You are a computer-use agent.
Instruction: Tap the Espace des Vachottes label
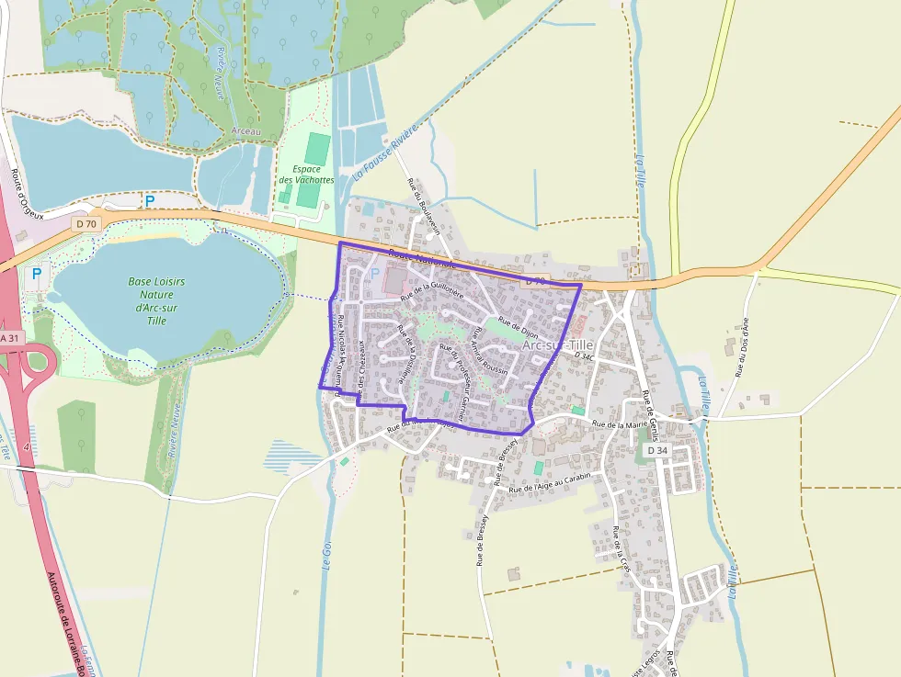coord(306,175)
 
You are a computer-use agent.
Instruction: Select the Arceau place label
coord(246,132)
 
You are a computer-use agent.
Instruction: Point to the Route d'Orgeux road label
coord(27,194)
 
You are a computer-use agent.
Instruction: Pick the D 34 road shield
coord(656,451)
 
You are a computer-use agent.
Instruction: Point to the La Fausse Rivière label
coord(386,152)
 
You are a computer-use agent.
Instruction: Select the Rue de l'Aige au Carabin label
coord(550,482)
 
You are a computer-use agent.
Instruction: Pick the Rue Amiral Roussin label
coord(483,355)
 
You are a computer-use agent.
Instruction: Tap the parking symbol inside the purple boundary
coord(374,273)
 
